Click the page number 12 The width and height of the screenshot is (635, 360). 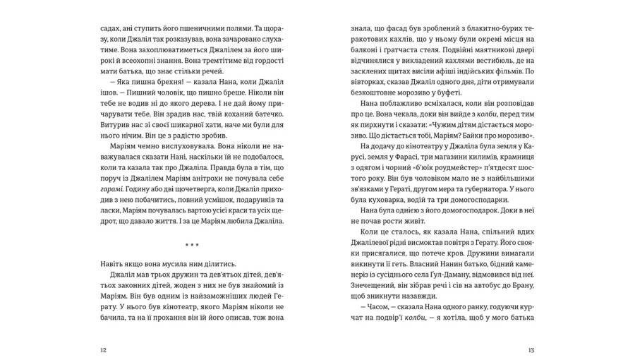[104, 350]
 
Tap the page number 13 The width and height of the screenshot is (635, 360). [531, 350]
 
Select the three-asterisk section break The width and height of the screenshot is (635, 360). [192, 245]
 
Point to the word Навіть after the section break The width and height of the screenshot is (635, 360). [116, 263]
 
